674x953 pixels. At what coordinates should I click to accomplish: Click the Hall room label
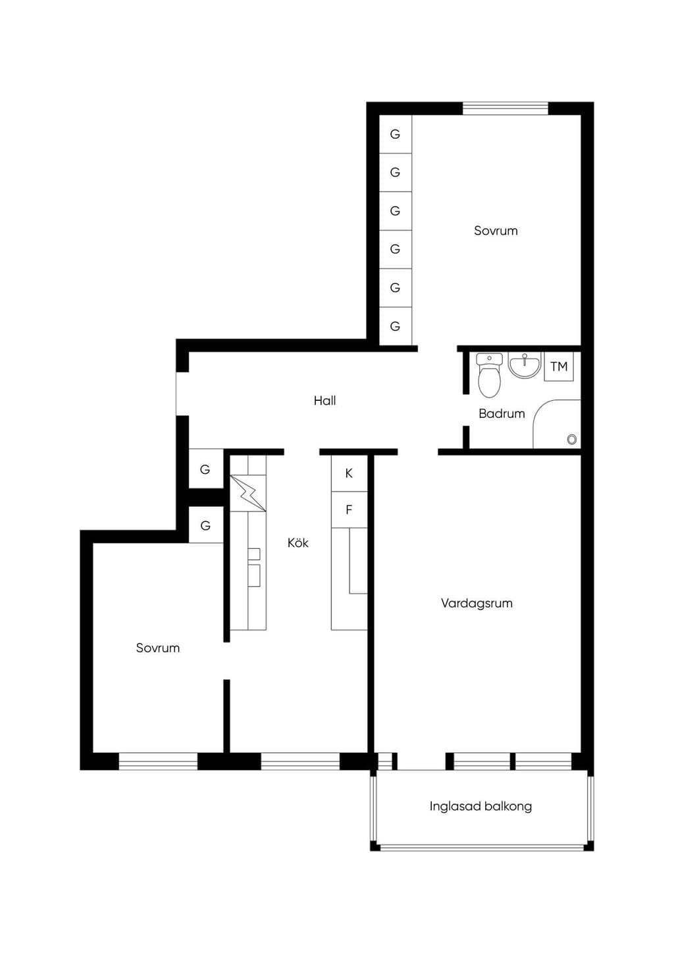[x=324, y=400]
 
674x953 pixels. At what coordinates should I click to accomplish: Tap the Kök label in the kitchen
[x=298, y=542]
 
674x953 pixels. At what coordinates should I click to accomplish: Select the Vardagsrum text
[x=477, y=603]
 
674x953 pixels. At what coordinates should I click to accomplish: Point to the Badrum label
[x=502, y=413]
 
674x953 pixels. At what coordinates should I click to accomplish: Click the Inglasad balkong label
[x=480, y=806]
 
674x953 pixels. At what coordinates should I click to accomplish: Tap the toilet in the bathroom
[x=489, y=375]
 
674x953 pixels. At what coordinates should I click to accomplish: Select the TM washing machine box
[x=559, y=367]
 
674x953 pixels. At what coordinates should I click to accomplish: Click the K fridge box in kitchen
[x=349, y=473]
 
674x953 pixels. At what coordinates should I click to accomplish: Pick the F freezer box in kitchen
[x=349, y=509]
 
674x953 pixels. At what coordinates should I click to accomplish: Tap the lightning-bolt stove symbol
[x=248, y=494]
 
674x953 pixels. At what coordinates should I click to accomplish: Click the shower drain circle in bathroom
[x=571, y=440]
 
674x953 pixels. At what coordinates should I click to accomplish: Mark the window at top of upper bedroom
[x=505, y=109]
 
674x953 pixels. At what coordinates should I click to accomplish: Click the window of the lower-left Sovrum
[x=158, y=761]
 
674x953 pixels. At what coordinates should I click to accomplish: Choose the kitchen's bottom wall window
[x=300, y=761]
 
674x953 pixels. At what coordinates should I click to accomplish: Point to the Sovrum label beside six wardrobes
[x=496, y=230]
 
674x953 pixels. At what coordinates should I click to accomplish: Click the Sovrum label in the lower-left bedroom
[x=158, y=648]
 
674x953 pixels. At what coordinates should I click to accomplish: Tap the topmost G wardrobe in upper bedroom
[x=396, y=134]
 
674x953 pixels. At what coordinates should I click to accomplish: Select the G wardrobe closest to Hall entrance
[x=205, y=469]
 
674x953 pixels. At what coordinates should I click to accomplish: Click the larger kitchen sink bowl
[x=254, y=575]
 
